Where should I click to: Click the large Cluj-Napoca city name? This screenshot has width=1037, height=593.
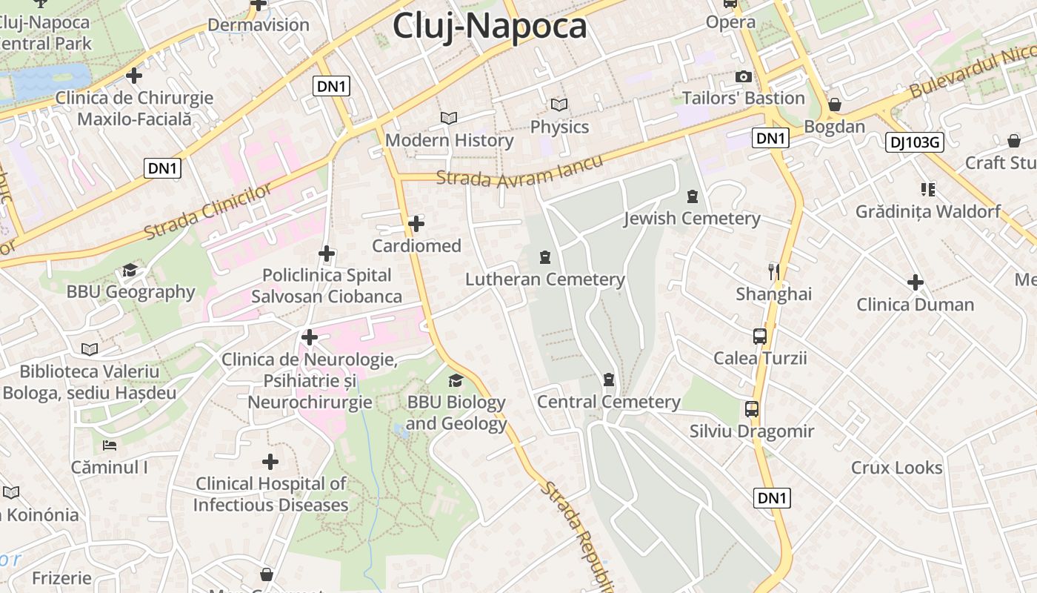[490, 26]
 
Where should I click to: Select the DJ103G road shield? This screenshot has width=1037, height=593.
[914, 142]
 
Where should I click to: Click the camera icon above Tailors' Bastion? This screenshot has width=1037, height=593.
[743, 76]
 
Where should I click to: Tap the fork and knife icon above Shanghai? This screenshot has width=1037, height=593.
[774, 271]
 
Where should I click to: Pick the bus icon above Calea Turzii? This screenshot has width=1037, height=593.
[760, 336]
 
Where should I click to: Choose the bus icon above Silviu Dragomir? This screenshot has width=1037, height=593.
[752, 408]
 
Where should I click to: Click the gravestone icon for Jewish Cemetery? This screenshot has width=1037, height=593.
[693, 196]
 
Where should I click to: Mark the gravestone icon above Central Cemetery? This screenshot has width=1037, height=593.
[609, 380]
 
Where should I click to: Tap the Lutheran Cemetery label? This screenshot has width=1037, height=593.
[545, 279]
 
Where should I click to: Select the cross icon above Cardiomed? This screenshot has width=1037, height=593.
[416, 223]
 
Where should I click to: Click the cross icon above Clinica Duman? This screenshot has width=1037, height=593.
[916, 282]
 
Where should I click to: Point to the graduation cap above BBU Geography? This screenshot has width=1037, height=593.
[130, 270]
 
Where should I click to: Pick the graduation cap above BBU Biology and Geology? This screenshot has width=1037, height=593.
[456, 380]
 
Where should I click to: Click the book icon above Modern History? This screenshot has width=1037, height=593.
[449, 118]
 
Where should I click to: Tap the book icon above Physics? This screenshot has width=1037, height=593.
[559, 105]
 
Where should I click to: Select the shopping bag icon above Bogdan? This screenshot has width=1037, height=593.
[835, 105]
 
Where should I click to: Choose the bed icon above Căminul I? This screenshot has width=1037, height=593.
[110, 445]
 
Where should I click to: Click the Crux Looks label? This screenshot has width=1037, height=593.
[896, 468]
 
